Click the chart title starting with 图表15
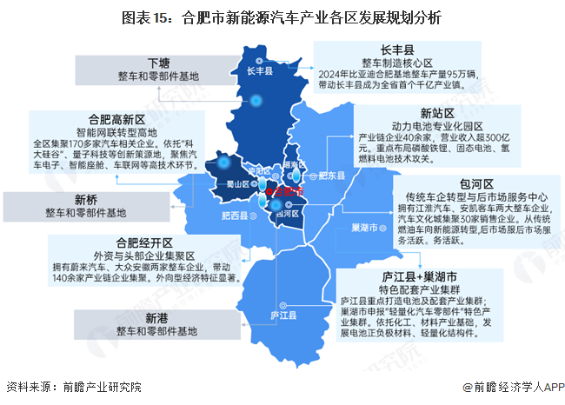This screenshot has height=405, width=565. point(282,17)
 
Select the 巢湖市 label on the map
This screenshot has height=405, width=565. point(362,228)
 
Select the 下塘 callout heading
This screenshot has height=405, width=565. point(157,63)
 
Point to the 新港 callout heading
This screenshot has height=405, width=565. point(156,318)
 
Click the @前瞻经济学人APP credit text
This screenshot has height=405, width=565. point(508,388)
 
